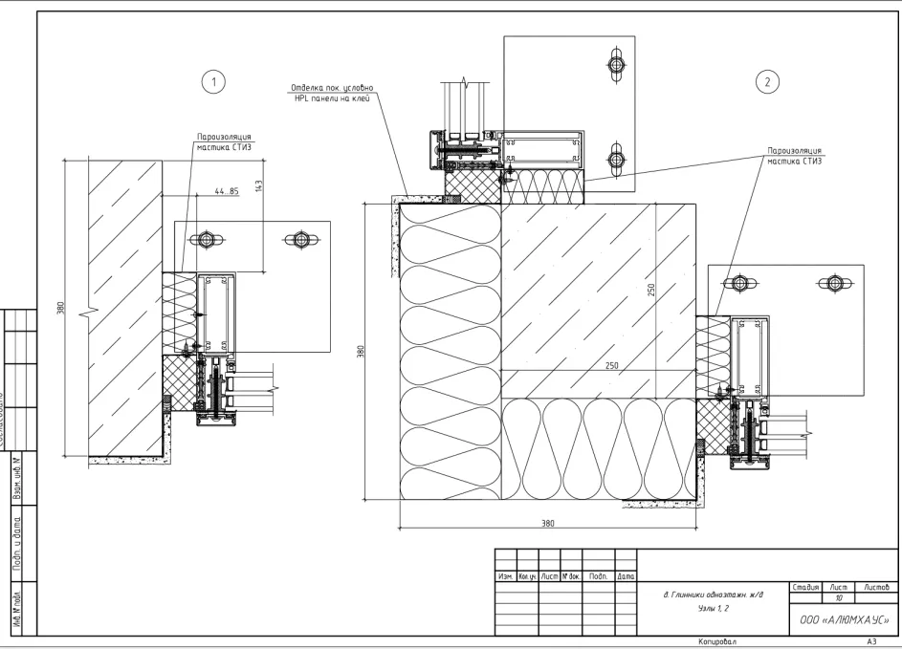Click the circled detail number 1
pos(215,81)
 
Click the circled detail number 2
pos(767,81)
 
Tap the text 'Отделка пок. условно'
pos(332,89)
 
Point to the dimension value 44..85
pos(227,192)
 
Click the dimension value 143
pos(260,185)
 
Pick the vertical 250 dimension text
pos(650,289)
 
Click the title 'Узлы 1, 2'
pos(705,608)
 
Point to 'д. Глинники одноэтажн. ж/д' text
pos(714,595)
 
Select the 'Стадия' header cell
pos(805,584)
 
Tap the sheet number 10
pos(839,596)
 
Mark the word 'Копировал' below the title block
pos(718,643)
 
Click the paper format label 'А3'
pos(871,643)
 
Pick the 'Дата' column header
pos(627,576)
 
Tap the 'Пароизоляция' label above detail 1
pos(225,137)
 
